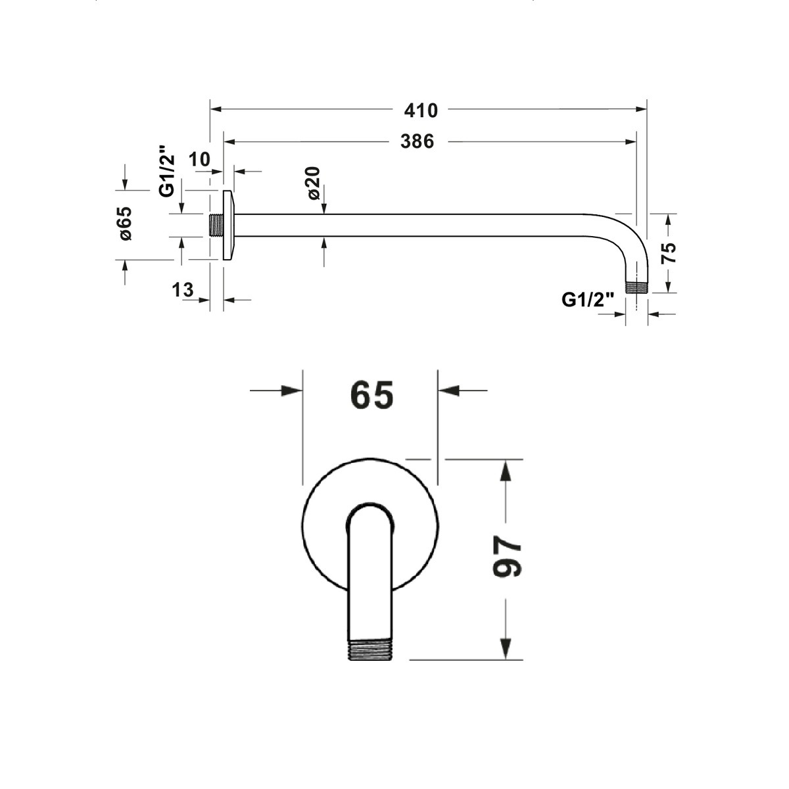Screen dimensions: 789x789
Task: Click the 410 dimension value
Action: click(x=421, y=110)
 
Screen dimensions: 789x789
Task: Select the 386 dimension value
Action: click(x=417, y=141)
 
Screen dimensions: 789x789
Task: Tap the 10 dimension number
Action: click(x=199, y=159)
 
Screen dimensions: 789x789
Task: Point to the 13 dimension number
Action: click(x=183, y=290)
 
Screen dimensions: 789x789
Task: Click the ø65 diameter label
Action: click(x=126, y=223)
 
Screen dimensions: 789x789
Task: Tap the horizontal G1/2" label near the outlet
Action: click(x=588, y=300)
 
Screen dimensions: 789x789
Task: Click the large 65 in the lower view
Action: click(x=371, y=394)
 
